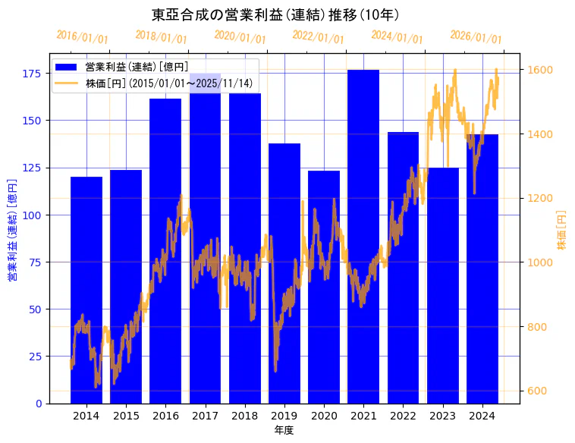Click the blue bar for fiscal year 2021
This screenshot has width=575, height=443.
363,235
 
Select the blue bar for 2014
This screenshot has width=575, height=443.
86,288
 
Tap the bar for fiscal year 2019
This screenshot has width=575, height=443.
284,273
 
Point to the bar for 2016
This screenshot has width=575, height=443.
165,250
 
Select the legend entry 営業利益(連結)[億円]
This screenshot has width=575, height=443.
137,67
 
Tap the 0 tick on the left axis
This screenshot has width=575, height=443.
38,404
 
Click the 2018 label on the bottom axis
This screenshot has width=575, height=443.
245,416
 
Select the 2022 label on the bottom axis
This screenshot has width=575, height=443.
403,416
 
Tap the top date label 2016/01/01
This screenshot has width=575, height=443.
82,37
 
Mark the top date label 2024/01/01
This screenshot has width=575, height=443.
397,37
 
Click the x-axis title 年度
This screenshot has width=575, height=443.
284,430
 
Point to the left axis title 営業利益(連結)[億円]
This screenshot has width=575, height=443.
12,231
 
